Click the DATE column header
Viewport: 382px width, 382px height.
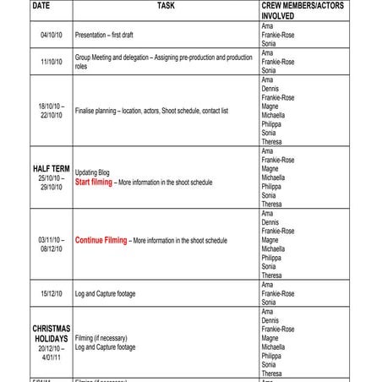(x=41, y=6)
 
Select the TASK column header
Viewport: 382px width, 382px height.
(x=166, y=6)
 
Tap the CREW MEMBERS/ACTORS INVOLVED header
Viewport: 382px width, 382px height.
(x=303, y=10)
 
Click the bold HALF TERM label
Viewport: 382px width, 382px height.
(x=51, y=169)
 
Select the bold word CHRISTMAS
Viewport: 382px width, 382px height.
(x=51, y=328)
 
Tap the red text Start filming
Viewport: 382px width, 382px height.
(x=94, y=183)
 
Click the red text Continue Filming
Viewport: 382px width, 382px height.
(x=101, y=240)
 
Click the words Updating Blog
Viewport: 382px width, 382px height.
(x=92, y=172)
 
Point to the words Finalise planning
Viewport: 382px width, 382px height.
(x=97, y=111)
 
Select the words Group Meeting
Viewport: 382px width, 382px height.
(x=95, y=57)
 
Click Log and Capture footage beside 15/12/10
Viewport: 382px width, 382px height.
(x=105, y=293)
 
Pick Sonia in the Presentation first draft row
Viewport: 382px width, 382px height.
(x=269, y=44)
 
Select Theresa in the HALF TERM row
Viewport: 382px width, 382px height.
(x=272, y=204)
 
